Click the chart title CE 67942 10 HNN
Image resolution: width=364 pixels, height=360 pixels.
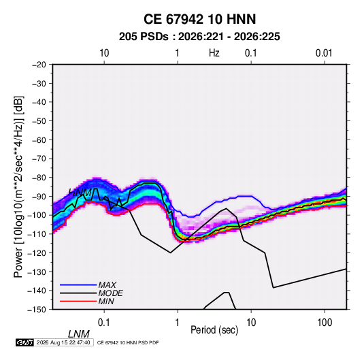199,19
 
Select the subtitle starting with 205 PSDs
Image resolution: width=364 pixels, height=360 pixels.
199,37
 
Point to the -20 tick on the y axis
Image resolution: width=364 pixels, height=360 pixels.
39,65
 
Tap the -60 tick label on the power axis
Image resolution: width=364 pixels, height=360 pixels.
39,140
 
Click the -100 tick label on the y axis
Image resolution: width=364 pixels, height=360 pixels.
37,215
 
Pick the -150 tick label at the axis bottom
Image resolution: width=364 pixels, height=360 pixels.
37,310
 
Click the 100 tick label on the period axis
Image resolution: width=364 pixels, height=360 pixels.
325,323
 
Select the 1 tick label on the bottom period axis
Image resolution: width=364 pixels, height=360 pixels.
178,323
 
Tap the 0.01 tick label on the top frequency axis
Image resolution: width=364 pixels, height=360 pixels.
324,53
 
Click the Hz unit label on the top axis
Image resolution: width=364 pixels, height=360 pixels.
214,53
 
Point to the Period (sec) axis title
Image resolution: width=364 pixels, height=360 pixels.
214,330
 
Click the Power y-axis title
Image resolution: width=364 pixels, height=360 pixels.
18,186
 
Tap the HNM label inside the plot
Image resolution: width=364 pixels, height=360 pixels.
80,193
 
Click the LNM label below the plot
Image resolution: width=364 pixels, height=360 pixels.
78,334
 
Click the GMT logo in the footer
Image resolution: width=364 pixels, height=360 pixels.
25,342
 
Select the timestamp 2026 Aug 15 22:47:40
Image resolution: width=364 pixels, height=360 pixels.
63,342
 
